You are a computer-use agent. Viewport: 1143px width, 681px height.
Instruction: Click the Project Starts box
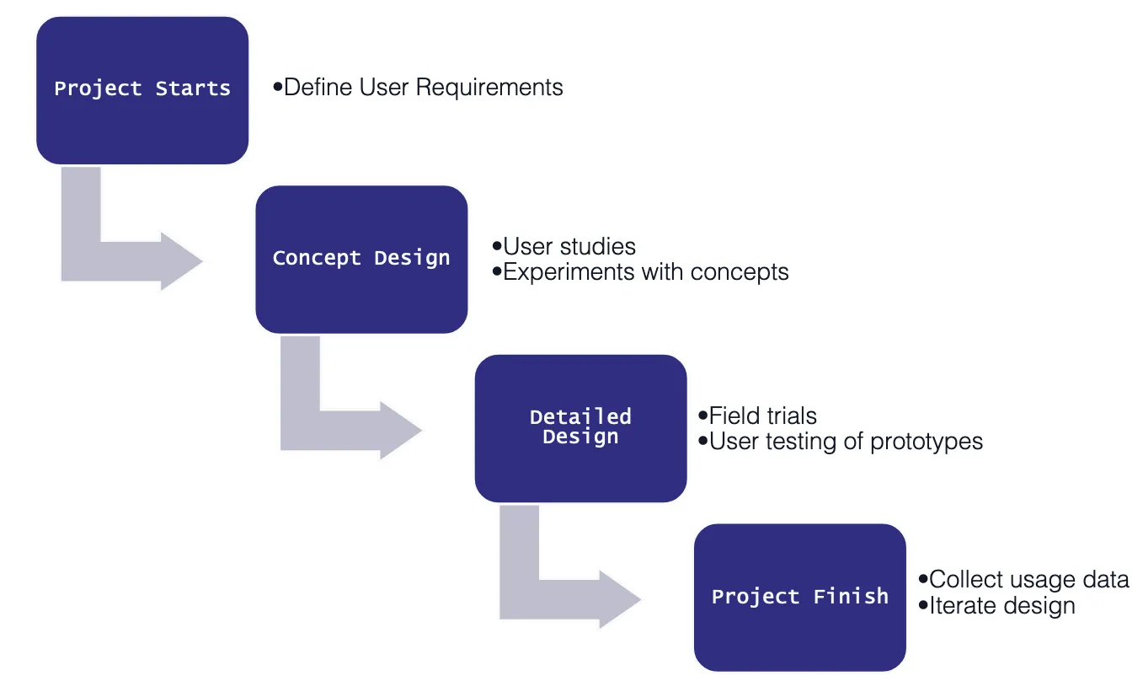(142, 89)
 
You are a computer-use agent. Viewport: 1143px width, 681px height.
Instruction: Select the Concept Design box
(361, 259)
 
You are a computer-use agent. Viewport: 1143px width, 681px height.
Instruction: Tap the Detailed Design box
(580, 428)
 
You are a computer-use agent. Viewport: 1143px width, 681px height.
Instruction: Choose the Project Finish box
(799, 597)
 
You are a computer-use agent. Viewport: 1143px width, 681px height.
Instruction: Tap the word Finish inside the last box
(851, 597)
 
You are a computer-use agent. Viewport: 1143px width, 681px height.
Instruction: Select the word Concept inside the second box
(318, 259)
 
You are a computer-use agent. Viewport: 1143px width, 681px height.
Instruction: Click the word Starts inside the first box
(193, 89)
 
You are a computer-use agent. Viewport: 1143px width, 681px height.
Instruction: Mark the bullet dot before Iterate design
(923, 604)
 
